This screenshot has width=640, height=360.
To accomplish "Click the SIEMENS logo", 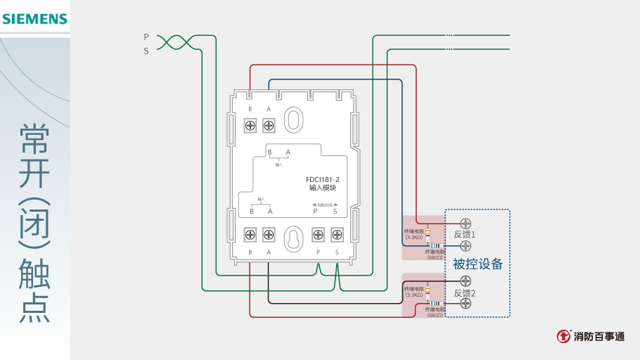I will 34,19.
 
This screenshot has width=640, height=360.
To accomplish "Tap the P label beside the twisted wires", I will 146,37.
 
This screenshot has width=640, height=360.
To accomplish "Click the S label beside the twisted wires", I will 146,51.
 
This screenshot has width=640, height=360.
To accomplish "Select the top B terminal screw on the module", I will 250,125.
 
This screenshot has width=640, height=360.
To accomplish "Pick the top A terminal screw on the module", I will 268,125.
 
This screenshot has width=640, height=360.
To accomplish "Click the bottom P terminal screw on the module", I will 318,234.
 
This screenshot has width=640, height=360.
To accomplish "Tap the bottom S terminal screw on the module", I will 336,234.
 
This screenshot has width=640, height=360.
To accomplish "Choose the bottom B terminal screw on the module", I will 250,234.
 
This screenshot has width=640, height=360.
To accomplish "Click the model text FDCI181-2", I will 324,180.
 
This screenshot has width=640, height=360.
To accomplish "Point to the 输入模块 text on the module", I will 324,188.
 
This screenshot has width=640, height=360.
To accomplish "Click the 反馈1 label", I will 465,234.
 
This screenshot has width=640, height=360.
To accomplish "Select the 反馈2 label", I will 465,292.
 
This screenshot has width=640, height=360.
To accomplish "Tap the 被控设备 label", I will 478,264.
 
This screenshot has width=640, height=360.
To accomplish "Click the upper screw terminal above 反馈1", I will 465,224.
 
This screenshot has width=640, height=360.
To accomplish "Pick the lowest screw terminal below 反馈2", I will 465,303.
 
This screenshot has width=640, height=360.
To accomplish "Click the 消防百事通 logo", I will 590,337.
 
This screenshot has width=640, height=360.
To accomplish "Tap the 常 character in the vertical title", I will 34,139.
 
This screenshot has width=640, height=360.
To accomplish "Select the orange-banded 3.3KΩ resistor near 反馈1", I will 428,233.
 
